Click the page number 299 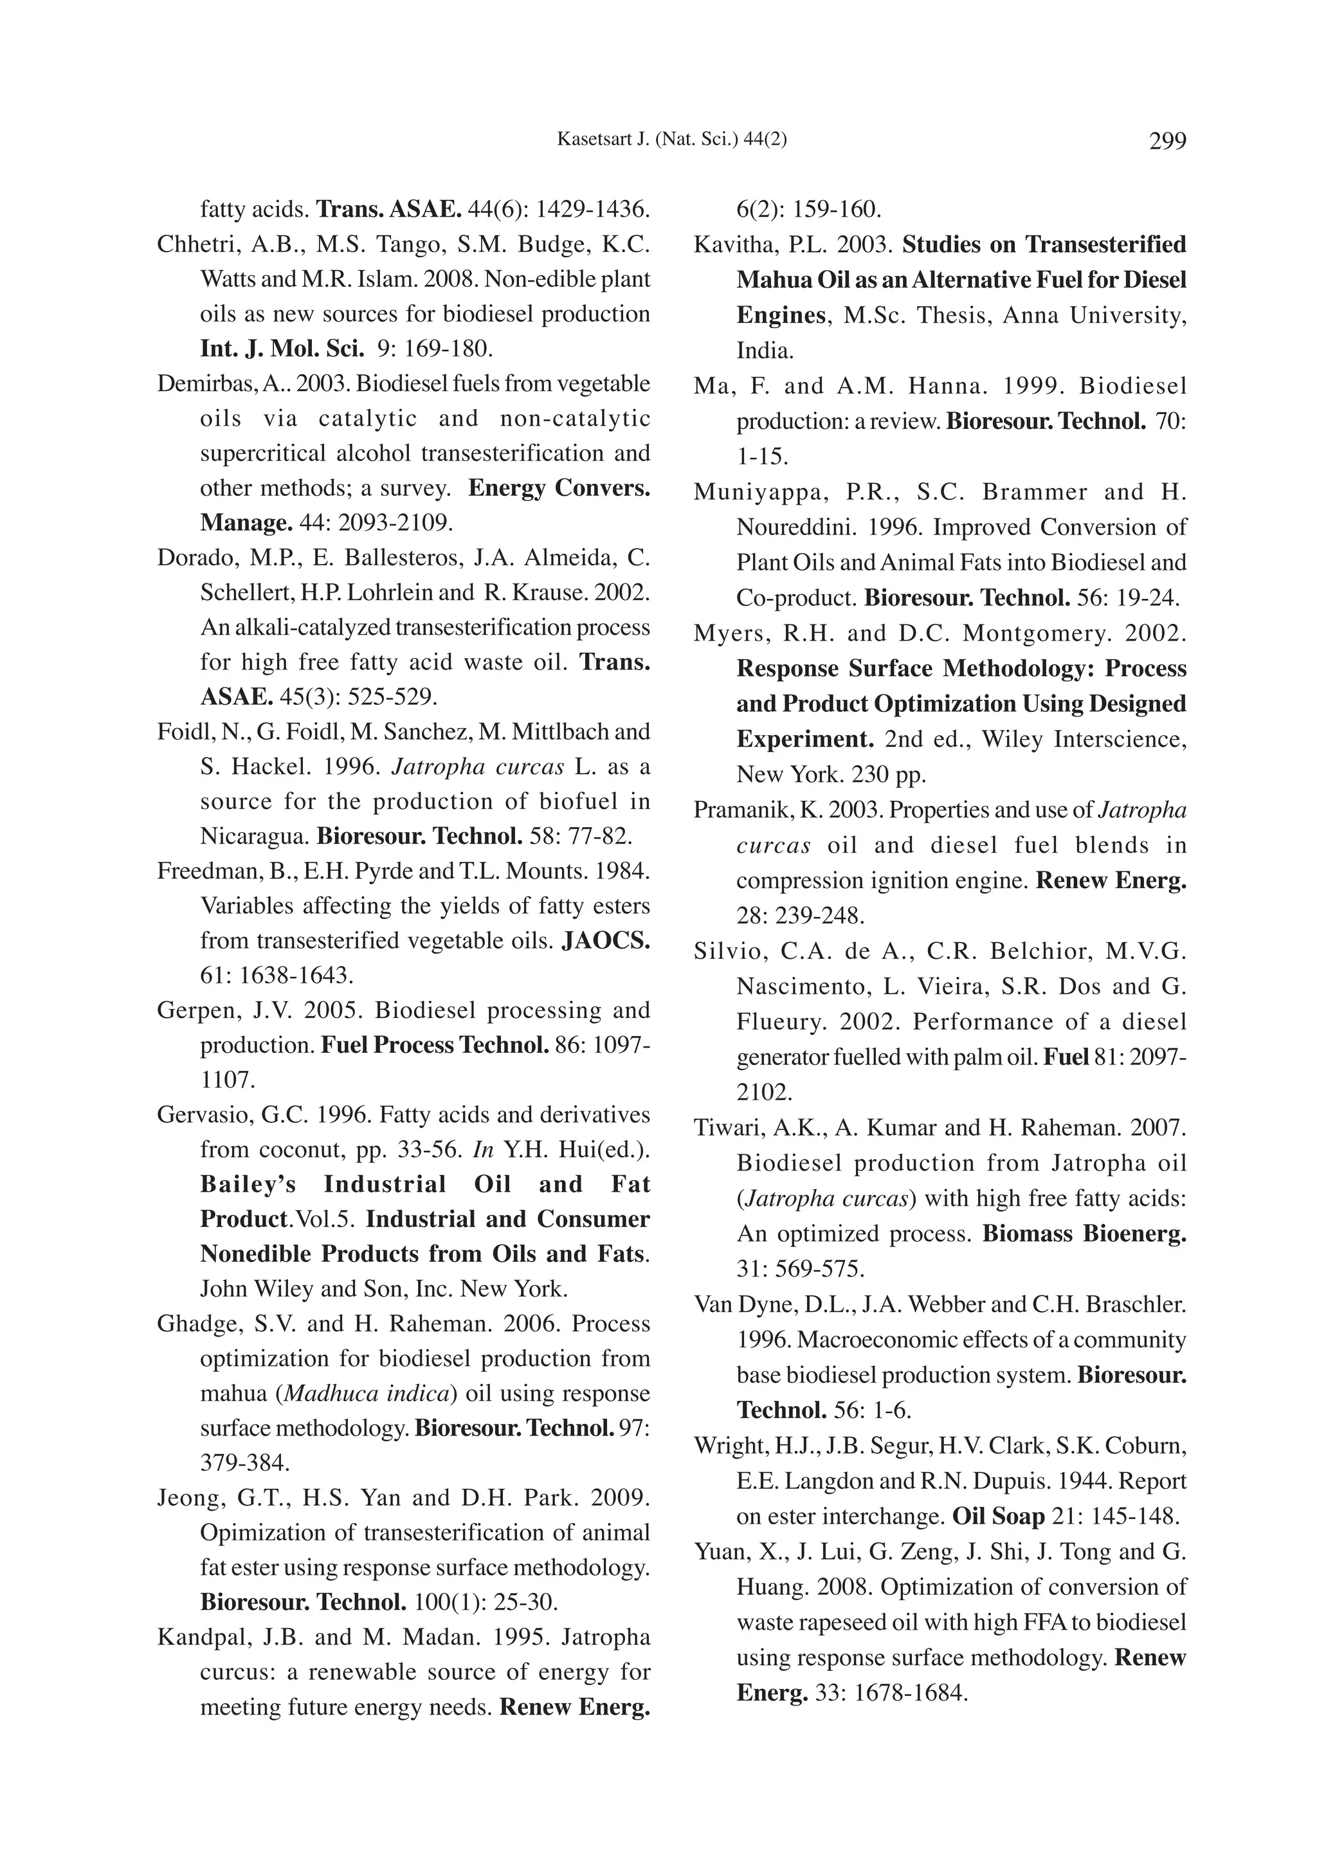[x=1167, y=141]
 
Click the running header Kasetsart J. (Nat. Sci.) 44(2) [x=671, y=140]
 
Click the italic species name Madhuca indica [x=367, y=1394]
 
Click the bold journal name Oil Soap [x=997, y=1516]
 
